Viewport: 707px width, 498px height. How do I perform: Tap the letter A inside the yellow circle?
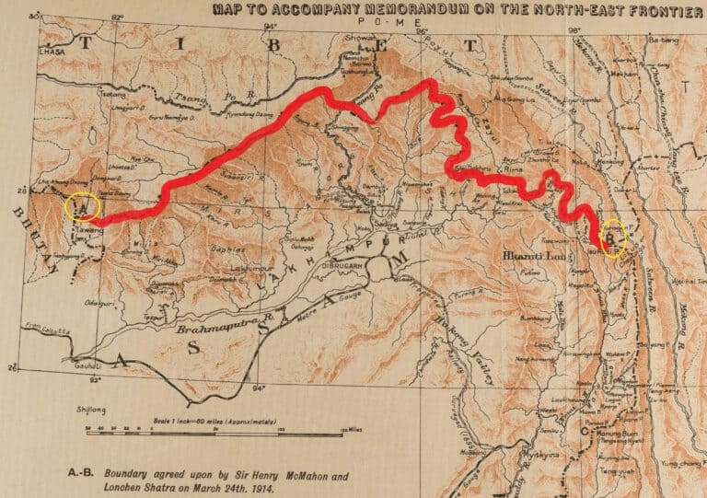coord(81,205)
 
